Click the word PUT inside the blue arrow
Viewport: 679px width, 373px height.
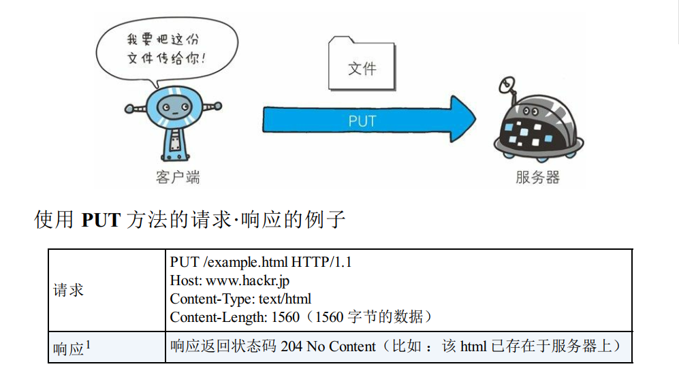click(362, 122)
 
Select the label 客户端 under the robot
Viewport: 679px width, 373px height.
click(178, 178)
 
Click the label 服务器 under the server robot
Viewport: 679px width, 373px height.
click(537, 178)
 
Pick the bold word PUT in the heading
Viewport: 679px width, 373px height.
click(100, 221)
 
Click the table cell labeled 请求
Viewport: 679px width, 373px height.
click(69, 290)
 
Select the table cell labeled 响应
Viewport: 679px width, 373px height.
click(68, 348)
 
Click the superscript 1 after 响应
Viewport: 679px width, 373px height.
click(88, 345)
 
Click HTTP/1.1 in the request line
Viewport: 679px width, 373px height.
click(321, 262)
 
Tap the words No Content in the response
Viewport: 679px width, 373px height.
click(341, 346)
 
